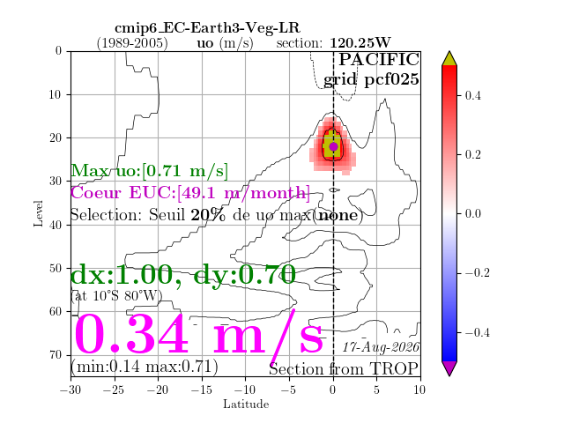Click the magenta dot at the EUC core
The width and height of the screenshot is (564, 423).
coord(333,146)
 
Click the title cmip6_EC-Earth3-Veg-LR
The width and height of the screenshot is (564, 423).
coord(207,28)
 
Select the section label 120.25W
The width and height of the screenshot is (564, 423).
coord(360,43)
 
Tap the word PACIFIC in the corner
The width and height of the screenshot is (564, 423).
coord(379,59)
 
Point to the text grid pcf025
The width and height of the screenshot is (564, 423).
coord(371,79)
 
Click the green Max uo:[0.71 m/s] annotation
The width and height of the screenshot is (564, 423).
coord(149,170)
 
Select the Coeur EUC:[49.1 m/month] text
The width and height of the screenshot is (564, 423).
coord(190,193)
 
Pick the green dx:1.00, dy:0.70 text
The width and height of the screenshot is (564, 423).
coord(183,275)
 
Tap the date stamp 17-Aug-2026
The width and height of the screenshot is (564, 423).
coord(381,347)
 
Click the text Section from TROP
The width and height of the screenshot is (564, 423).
coord(344,368)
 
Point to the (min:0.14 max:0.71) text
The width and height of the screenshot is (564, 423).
coord(145,367)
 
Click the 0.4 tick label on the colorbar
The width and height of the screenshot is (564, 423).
coord(472,96)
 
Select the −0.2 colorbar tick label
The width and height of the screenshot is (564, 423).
coord(478,273)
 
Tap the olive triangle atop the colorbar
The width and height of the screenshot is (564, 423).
coord(449,59)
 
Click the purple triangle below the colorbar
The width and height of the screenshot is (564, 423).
coord(449,368)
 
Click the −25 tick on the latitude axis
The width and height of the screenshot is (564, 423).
coord(115,390)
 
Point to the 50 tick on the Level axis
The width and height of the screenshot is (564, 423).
coord(55,268)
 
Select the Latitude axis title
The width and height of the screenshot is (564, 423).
coord(246,404)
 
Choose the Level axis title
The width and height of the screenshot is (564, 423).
coord(39,213)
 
